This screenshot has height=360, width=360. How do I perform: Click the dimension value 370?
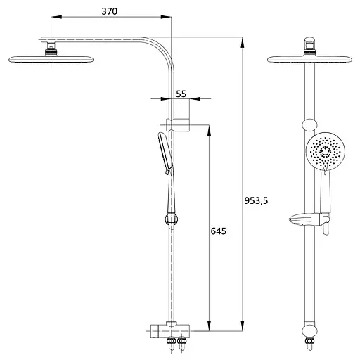pyautogui.click(x=110, y=11)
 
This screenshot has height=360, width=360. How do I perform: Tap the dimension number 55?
pyautogui.click(x=181, y=94)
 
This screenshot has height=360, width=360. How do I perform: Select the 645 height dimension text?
pyautogui.click(x=219, y=231)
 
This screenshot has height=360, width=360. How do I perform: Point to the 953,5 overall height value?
pyautogui.click(x=256, y=201)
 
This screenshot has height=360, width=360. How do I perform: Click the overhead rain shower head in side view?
pyautogui.click(x=51, y=59)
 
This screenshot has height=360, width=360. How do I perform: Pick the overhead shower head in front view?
pyautogui.click(x=309, y=59)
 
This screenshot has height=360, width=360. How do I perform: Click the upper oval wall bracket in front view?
pyautogui.click(x=309, y=125)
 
